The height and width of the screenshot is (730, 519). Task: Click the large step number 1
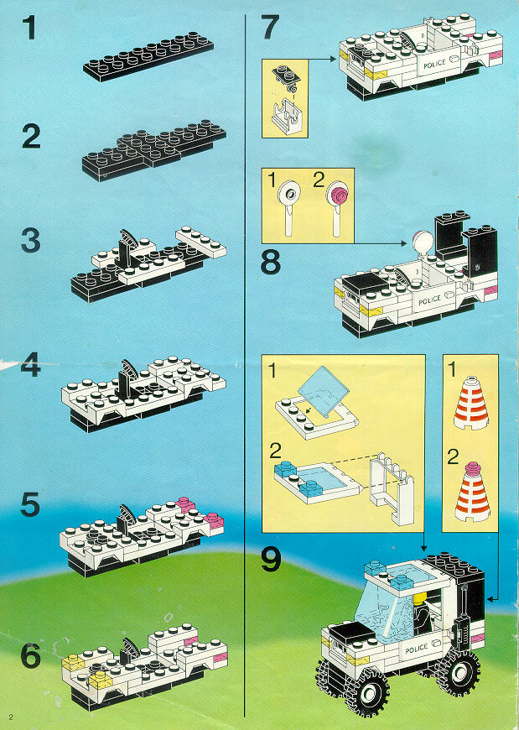click(x=29, y=28)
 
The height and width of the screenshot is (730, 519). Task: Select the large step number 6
click(x=31, y=655)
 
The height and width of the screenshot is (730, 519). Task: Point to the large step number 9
click(x=271, y=559)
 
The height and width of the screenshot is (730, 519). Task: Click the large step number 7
click(x=270, y=27)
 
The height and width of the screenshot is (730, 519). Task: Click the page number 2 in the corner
click(x=11, y=717)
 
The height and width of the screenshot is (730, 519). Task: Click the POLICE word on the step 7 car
click(x=434, y=65)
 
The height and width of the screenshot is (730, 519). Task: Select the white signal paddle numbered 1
click(x=288, y=207)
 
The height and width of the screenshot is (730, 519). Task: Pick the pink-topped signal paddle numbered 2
click(x=338, y=207)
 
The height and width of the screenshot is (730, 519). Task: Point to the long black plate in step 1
click(x=148, y=56)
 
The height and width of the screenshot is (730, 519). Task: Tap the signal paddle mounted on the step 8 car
click(x=423, y=244)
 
